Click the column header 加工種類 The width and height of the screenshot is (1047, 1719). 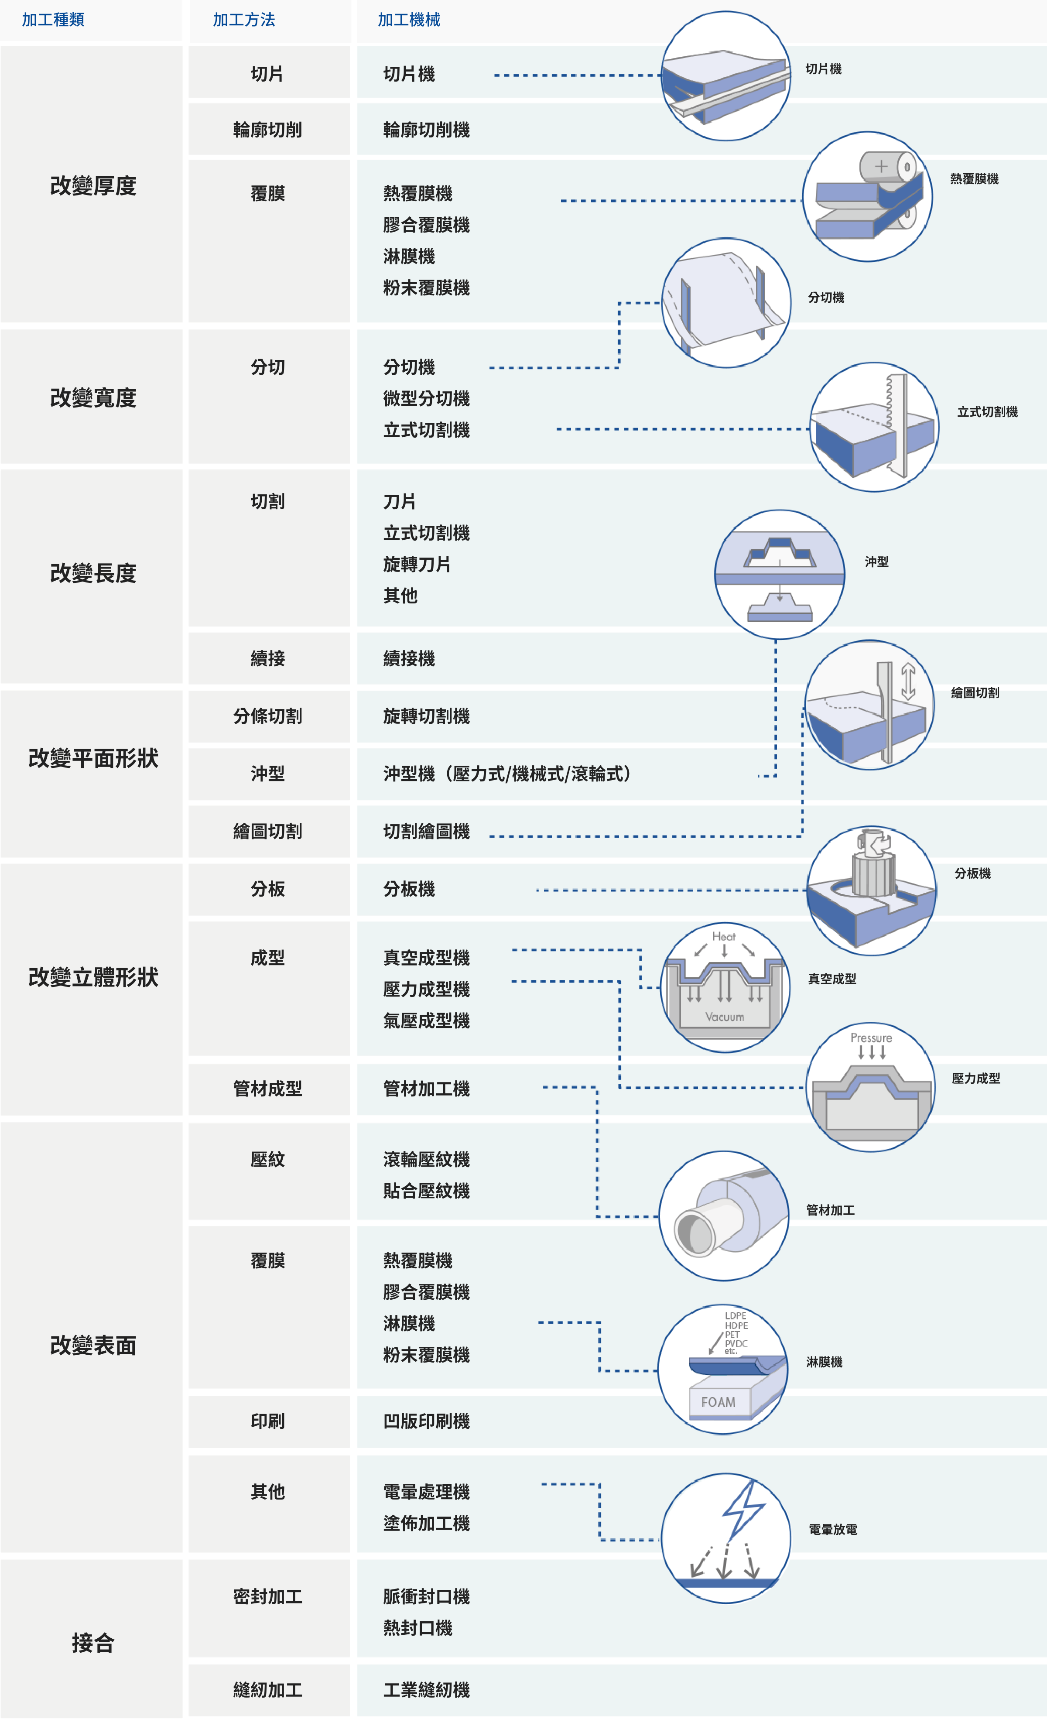point(53,20)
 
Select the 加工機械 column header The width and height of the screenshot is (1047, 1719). point(409,20)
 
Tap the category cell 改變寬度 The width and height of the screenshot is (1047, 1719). point(93,397)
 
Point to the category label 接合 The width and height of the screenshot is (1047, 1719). point(93,1642)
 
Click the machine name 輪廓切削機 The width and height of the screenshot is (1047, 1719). point(426,130)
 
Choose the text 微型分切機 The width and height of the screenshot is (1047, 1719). point(426,398)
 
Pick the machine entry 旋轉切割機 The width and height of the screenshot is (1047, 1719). point(426,716)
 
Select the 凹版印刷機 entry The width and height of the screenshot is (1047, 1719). point(426,1421)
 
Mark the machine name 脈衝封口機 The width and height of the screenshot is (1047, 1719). point(426,1596)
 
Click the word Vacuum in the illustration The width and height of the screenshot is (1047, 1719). point(725,1017)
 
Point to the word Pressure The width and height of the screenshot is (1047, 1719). point(871,1038)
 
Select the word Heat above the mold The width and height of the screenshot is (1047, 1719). point(724,936)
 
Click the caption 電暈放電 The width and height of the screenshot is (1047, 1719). point(833,1529)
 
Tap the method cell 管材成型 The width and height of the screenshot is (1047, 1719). point(268,1088)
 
